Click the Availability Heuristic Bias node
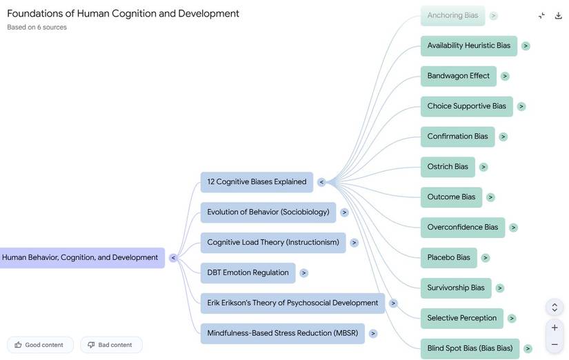pos(468,46)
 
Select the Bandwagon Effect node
pos(458,76)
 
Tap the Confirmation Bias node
pos(457,137)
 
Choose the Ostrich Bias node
pos(447,167)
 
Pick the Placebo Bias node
pos(448,258)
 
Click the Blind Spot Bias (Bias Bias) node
pos(469,348)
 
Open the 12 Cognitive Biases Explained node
pos(257,182)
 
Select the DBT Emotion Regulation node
pos(248,272)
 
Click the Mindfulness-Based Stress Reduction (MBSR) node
pos(282,333)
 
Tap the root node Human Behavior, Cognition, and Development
pos(80,258)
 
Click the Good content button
pos(40,345)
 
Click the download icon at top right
pos(559,15)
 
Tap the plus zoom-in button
pos(555,328)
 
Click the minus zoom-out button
pos(555,344)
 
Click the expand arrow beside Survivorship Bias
pos(500,288)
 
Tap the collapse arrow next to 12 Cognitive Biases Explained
pos(321,182)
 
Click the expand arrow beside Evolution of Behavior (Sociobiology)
pos(344,212)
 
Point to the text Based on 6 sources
pos(37,28)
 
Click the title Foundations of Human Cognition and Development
pos(123,13)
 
